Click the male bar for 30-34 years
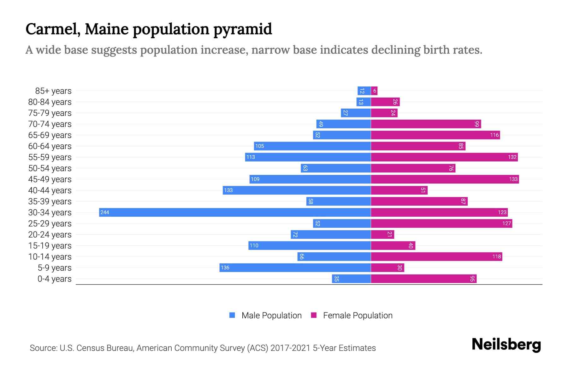point(235,212)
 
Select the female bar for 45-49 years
point(445,179)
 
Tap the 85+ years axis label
point(53,91)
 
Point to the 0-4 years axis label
point(54,279)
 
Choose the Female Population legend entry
point(352,315)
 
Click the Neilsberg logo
point(506,345)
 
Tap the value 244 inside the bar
point(105,212)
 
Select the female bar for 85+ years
point(374,91)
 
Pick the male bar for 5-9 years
point(295,268)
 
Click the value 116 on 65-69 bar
point(494,135)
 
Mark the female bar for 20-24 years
point(382,234)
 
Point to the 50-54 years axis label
point(50,168)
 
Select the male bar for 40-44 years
point(297,190)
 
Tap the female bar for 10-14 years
point(436,256)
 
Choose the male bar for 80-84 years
point(364,102)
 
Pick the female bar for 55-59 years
point(444,157)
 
